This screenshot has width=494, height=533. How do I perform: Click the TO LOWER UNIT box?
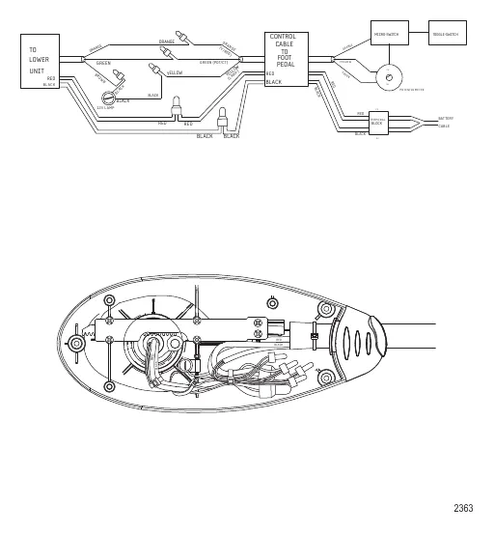pyautogui.click(x=40, y=61)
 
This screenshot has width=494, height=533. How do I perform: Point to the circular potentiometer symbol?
pyautogui.click(x=390, y=75)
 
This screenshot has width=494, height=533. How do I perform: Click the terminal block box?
pyautogui.click(x=377, y=123)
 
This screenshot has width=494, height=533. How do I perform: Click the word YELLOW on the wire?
pyautogui.click(x=175, y=72)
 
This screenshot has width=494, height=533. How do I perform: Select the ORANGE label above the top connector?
pyautogui.click(x=166, y=42)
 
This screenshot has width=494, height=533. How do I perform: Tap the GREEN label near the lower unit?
pyautogui.click(x=103, y=64)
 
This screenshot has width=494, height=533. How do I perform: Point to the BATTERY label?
pyautogui.click(x=445, y=118)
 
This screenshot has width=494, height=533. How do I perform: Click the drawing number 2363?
pyautogui.click(x=463, y=508)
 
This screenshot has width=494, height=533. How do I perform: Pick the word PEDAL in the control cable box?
pyautogui.click(x=285, y=64)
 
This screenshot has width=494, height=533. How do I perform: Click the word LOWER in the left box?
pyautogui.click(x=39, y=59)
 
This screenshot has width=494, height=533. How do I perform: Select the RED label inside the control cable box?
pyautogui.click(x=270, y=73)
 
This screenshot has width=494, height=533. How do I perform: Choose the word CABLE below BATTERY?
pyautogui.click(x=444, y=126)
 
